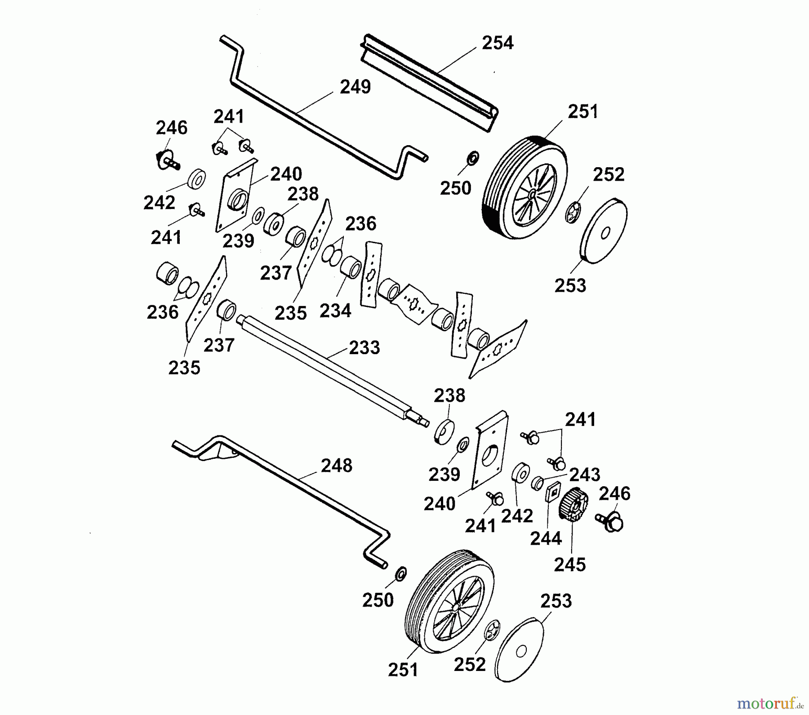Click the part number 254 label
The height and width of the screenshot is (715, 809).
[x=497, y=43]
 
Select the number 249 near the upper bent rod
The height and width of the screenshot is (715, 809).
[x=355, y=87]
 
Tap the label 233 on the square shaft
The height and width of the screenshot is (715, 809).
[x=364, y=347]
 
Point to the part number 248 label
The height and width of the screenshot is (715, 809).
[x=337, y=466]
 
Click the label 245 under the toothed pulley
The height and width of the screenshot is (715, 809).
[x=569, y=565]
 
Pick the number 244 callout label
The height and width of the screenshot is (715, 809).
[x=546, y=538]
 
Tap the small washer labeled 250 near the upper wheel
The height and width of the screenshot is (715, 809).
[x=473, y=158]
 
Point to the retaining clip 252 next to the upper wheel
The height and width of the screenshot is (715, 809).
[x=573, y=213]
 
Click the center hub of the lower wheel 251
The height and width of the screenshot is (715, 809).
[x=455, y=607]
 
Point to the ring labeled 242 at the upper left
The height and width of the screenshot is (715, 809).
[x=196, y=180]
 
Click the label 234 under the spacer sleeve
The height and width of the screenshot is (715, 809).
[x=335, y=311]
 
